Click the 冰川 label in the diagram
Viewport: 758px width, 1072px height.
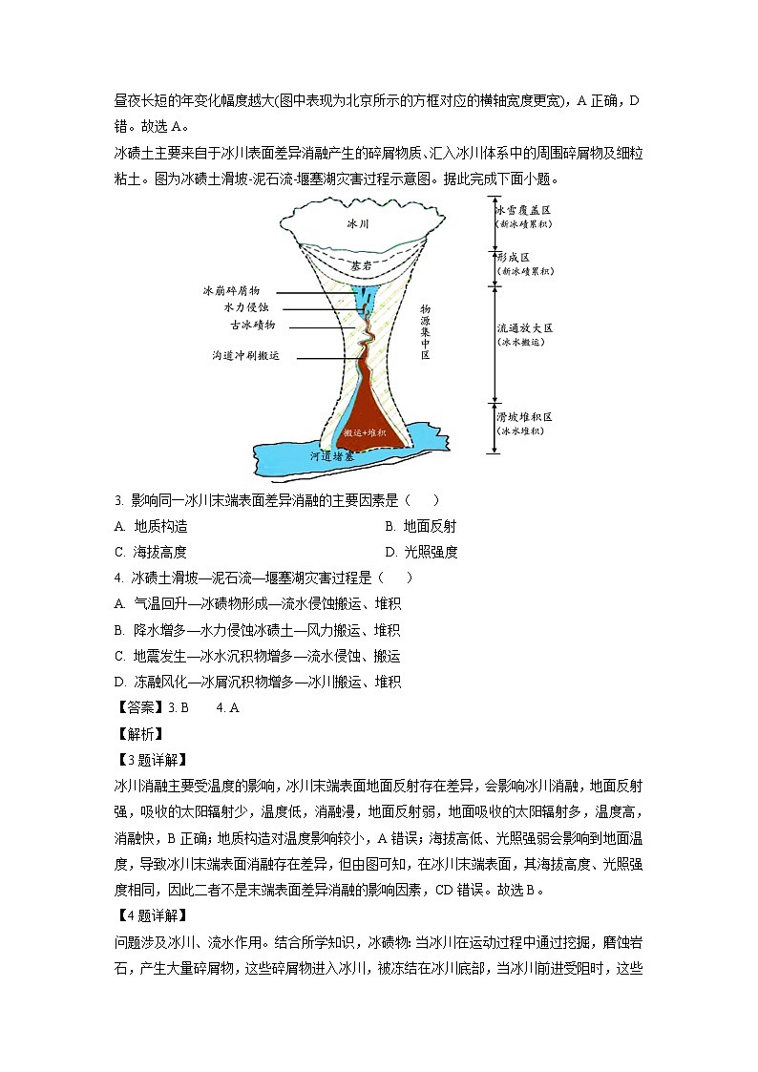(x=357, y=223)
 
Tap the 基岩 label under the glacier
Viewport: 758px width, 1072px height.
(x=360, y=265)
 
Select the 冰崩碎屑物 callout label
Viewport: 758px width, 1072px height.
(x=231, y=290)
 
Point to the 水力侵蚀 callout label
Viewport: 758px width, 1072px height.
(x=246, y=307)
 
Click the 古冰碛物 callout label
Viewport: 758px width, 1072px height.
(x=253, y=325)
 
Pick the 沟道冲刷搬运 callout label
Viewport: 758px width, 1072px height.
(x=246, y=355)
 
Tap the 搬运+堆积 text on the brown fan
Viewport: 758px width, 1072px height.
(x=365, y=432)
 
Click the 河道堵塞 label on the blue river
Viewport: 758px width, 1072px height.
(x=331, y=457)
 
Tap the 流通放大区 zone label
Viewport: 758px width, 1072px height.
(x=524, y=327)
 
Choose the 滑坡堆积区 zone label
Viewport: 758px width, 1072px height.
(x=524, y=417)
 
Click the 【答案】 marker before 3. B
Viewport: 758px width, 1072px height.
(x=139, y=707)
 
